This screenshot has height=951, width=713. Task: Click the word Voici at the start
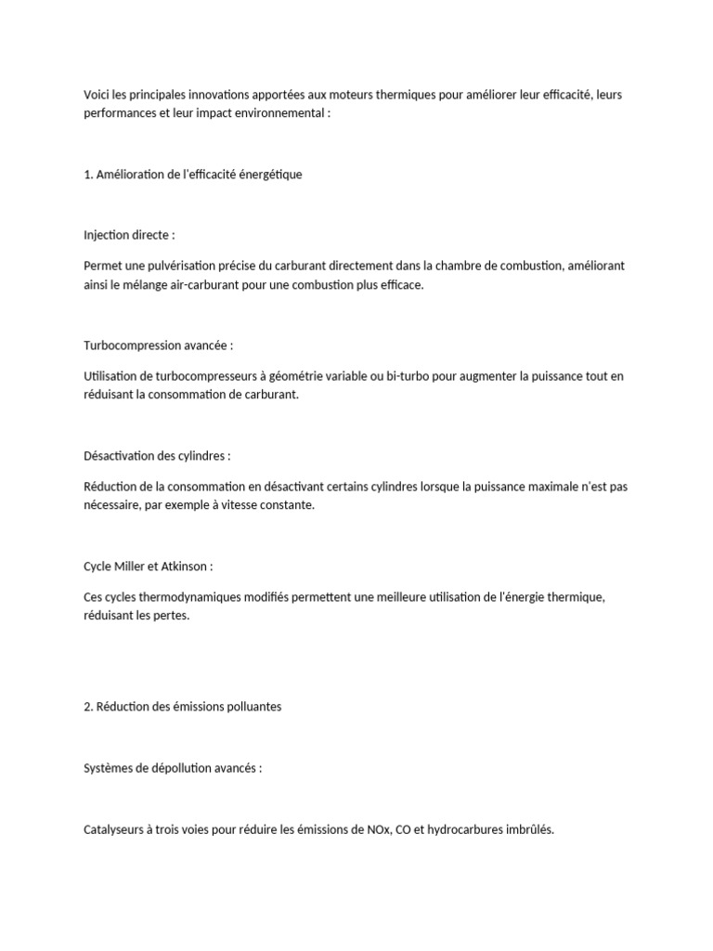click(x=97, y=95)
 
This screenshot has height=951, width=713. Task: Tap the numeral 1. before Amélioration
click(x=88, y=174)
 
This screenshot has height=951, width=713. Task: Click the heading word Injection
click(x=108, y=235)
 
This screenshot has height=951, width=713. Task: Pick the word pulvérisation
click(x=182, y=266)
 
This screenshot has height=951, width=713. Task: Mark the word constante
click(x=285, y=505)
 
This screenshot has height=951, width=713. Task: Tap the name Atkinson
click(x=189, y=567)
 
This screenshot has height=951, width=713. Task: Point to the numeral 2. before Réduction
click(x=88, y=707)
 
